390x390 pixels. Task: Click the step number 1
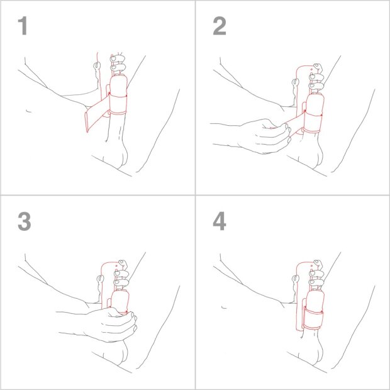tap(23, 26)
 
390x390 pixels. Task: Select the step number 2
tap(219, 26)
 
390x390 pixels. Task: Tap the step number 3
tap(24, 221)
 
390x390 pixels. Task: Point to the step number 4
tap(219, 221)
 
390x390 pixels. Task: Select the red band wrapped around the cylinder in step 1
tap(118, 104)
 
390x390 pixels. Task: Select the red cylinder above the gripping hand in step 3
tap(120, 299)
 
